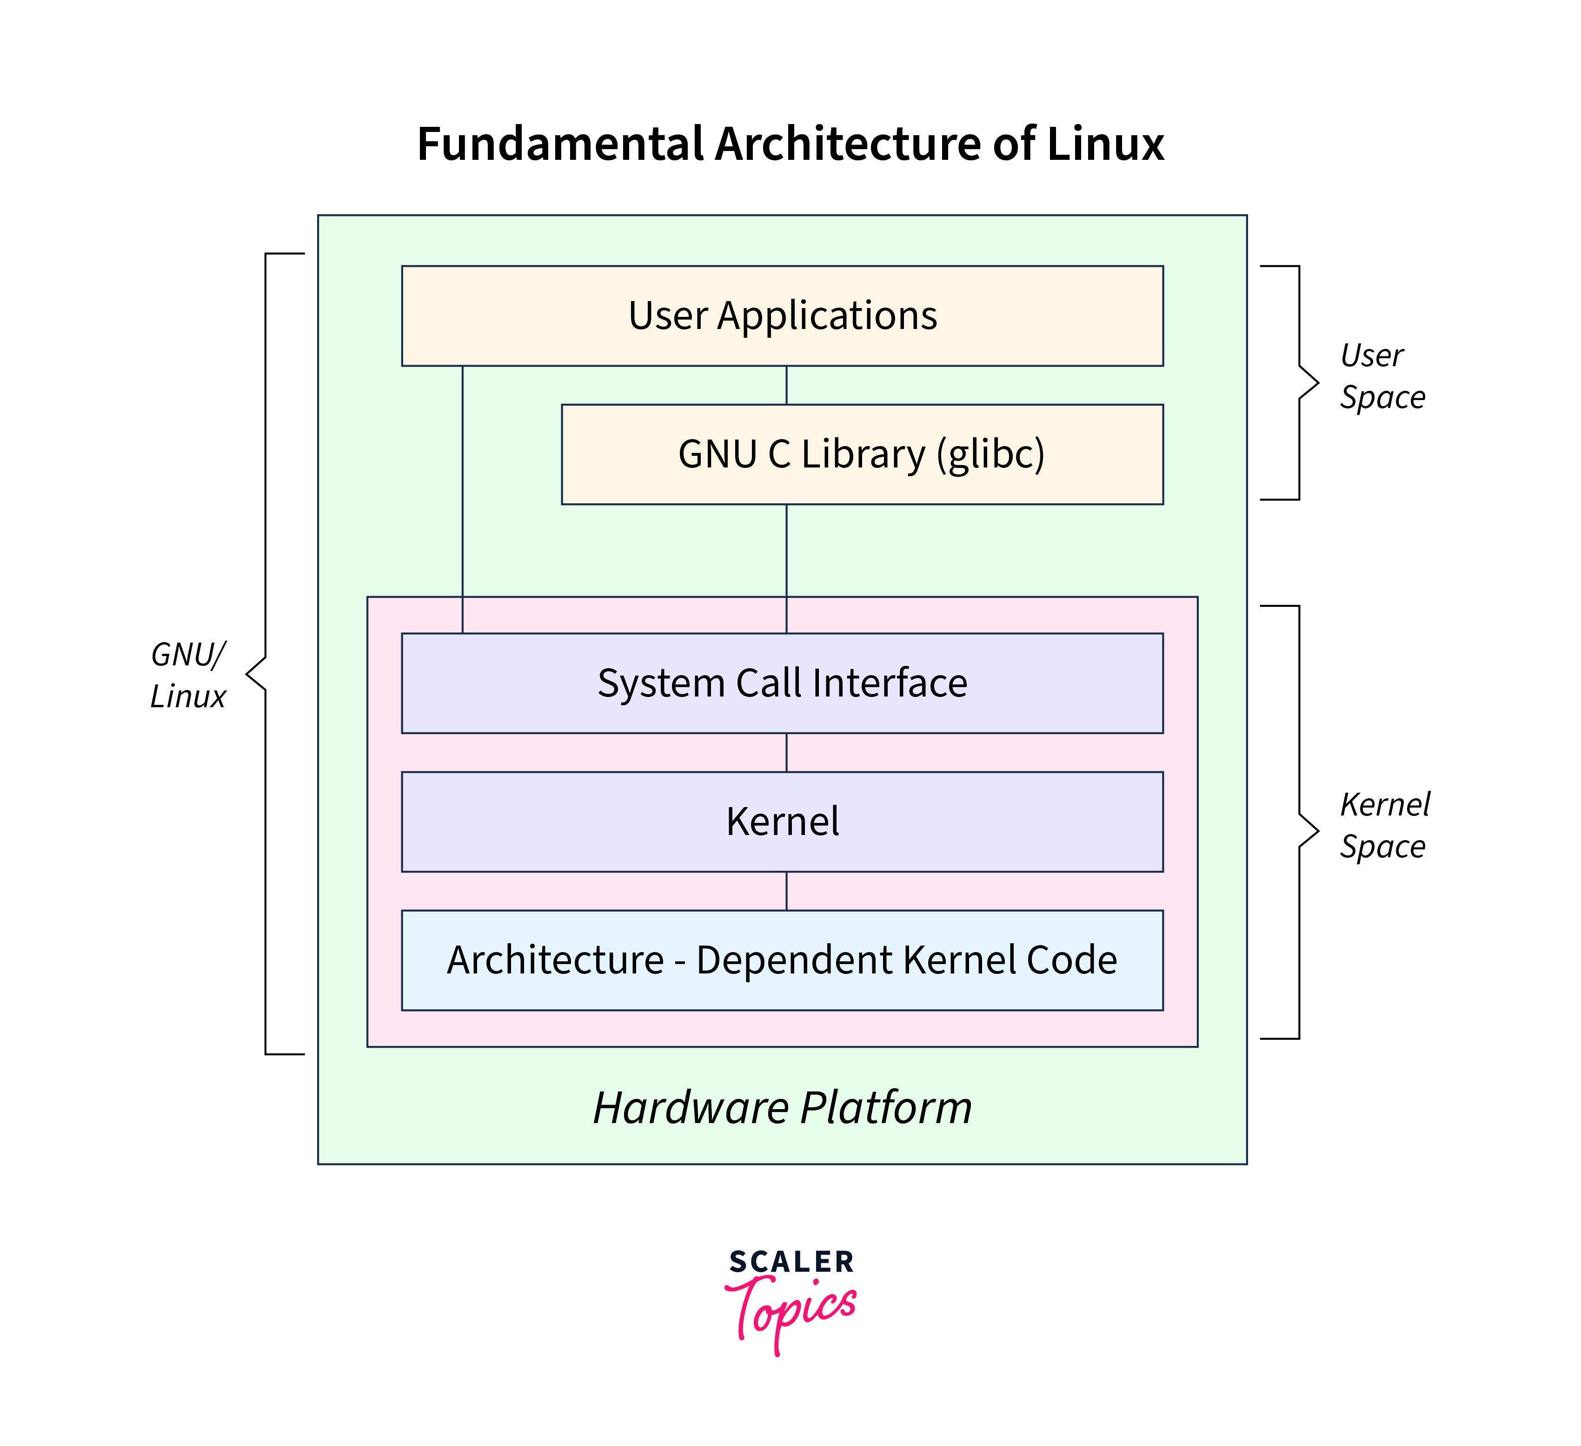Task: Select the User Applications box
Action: [x=782, y=316]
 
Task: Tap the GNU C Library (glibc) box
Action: [x=861, y=454]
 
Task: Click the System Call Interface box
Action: [x=782, y=683]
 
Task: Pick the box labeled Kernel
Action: [x=782, y=822]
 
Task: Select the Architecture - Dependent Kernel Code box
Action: [x=782, y=960]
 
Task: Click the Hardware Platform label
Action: [x=782, y=1107]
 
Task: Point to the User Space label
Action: [x=1382, y=376]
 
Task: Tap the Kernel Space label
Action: [x=1384, y=825]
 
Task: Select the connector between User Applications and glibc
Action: [x=787, y=385]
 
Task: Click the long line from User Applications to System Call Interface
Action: [x=463, y=502]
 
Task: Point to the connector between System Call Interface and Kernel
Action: [x=787, y=752]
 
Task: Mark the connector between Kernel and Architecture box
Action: [x=787, y=891]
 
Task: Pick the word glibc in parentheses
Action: [x=990, y=454]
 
